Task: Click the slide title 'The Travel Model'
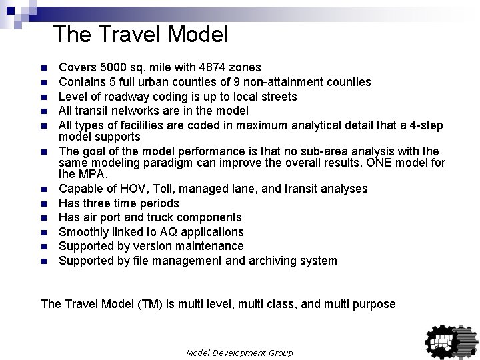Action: [141, 34]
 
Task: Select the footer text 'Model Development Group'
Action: [239, 352]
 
